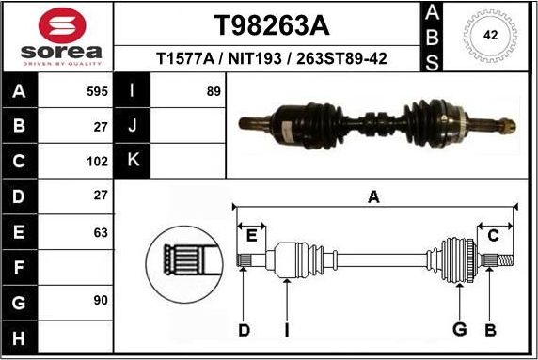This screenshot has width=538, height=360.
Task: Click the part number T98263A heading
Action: [271, 23]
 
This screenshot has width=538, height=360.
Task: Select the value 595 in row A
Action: [98, 92]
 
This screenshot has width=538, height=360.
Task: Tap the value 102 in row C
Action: [98, 160]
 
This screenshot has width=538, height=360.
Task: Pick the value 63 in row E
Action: [101, 232]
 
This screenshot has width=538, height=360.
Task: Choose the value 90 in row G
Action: [101, 300]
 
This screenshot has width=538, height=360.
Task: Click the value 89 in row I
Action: [213, 92]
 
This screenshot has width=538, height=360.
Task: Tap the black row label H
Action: [20, 337]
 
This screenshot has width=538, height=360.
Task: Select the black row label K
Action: [133, 160]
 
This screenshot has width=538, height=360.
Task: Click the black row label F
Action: [20, 267]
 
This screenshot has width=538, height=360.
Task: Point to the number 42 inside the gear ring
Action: [489, 35]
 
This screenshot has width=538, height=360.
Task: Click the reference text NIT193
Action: [273, 59]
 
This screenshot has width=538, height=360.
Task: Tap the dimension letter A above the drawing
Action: [373, 196]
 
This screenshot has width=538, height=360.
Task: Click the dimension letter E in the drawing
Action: [251, 235]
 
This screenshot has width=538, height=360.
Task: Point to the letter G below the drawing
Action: [459, 329]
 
